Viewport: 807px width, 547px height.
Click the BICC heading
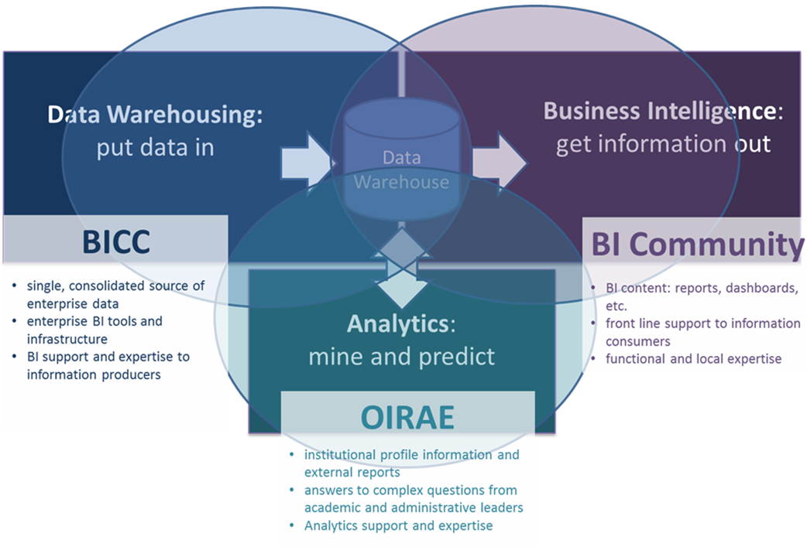coord(115,242)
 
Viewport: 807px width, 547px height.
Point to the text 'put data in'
coord(155,147)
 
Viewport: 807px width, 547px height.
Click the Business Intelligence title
coord(658,111)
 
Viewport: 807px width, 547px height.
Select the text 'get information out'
coord(663,144)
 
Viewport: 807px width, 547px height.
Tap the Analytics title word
coord(397,324)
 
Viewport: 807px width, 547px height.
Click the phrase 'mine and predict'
coord(401,357)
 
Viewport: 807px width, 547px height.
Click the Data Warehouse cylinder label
coord(401,170)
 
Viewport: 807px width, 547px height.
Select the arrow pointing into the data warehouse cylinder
coord(307,159)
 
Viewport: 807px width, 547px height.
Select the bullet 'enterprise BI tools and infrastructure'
coord(97,330)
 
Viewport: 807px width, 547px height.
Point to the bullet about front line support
coord(693,332)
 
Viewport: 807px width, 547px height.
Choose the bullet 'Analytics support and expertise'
coord(398,525)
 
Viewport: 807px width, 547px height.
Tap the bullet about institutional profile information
coord(410,463)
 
